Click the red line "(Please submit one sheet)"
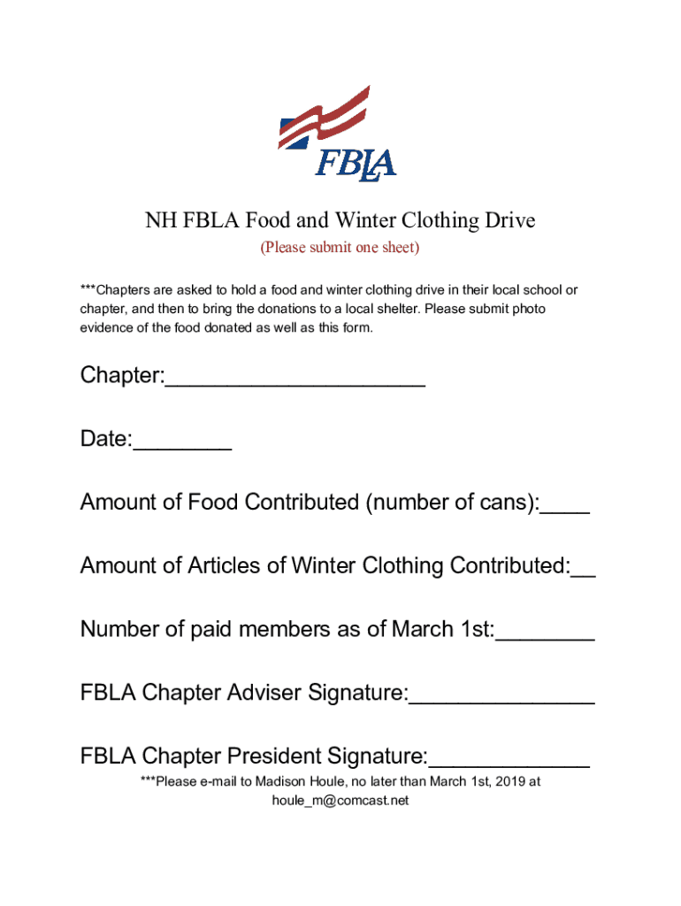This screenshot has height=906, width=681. pos(340,248)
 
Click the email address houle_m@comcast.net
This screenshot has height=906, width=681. pos(340,801)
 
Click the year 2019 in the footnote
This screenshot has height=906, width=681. pos(509,781)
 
